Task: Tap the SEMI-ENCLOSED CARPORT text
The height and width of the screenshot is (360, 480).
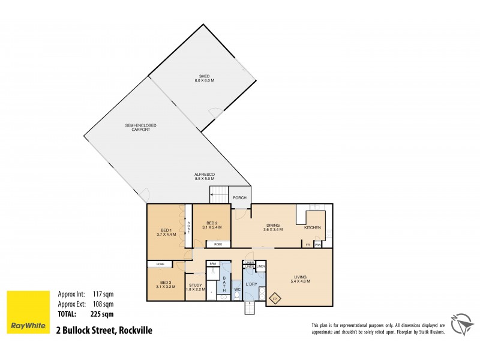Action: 140,127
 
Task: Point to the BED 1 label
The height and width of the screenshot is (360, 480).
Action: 165,232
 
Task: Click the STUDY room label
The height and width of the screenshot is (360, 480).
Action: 196,287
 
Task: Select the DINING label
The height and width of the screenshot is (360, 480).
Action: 272,227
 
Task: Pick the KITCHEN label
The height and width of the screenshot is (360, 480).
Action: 313,228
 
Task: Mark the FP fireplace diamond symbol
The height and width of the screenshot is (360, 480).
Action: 275,298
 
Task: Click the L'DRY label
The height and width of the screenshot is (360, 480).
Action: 251,283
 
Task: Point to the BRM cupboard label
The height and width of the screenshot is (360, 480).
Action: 212,263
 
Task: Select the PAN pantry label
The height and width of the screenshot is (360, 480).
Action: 317,245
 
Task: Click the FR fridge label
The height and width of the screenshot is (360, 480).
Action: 307,245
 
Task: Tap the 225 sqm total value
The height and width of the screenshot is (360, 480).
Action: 103,314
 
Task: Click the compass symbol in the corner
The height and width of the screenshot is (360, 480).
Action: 462,324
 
